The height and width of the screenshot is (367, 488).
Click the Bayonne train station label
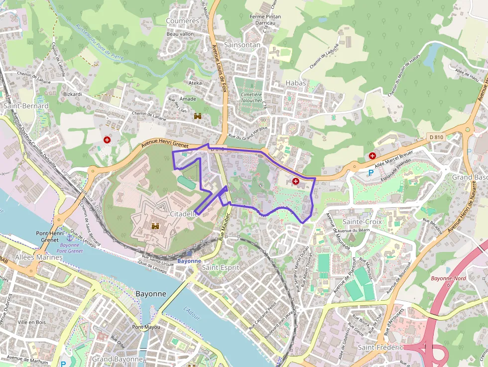point(189,261)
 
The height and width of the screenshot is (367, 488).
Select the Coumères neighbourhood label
point(182,21)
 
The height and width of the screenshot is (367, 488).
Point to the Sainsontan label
point(243,45)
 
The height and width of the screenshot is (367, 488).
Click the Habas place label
point(296,83)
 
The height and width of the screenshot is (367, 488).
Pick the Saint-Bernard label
point(26,106)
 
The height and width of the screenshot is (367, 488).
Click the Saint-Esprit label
point(221,267)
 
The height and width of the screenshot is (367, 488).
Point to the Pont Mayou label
point(142,327)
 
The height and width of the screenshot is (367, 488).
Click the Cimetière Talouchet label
point(251,97)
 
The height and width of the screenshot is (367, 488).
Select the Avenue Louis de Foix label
point(219,65)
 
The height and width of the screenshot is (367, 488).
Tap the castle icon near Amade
point(198,116)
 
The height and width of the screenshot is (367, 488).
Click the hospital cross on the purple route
point(296,182)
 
